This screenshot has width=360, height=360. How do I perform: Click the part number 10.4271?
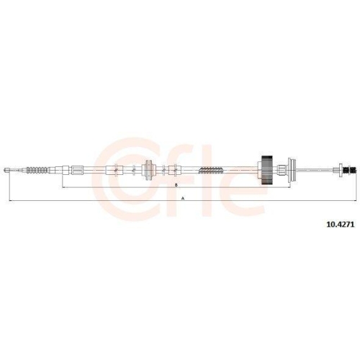340,225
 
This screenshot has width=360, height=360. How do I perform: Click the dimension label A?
183,199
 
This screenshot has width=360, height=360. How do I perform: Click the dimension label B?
176,185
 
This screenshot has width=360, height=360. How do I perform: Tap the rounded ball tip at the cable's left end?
6,170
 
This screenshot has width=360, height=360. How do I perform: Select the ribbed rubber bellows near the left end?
37,170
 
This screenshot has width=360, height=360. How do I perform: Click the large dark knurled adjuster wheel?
266,170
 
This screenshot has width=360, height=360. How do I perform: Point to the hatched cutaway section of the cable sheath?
211,170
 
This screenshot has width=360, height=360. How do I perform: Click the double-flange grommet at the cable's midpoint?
149,170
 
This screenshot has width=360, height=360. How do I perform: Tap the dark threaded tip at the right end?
349,170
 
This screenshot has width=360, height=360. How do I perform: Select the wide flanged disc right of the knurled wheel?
292,170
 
